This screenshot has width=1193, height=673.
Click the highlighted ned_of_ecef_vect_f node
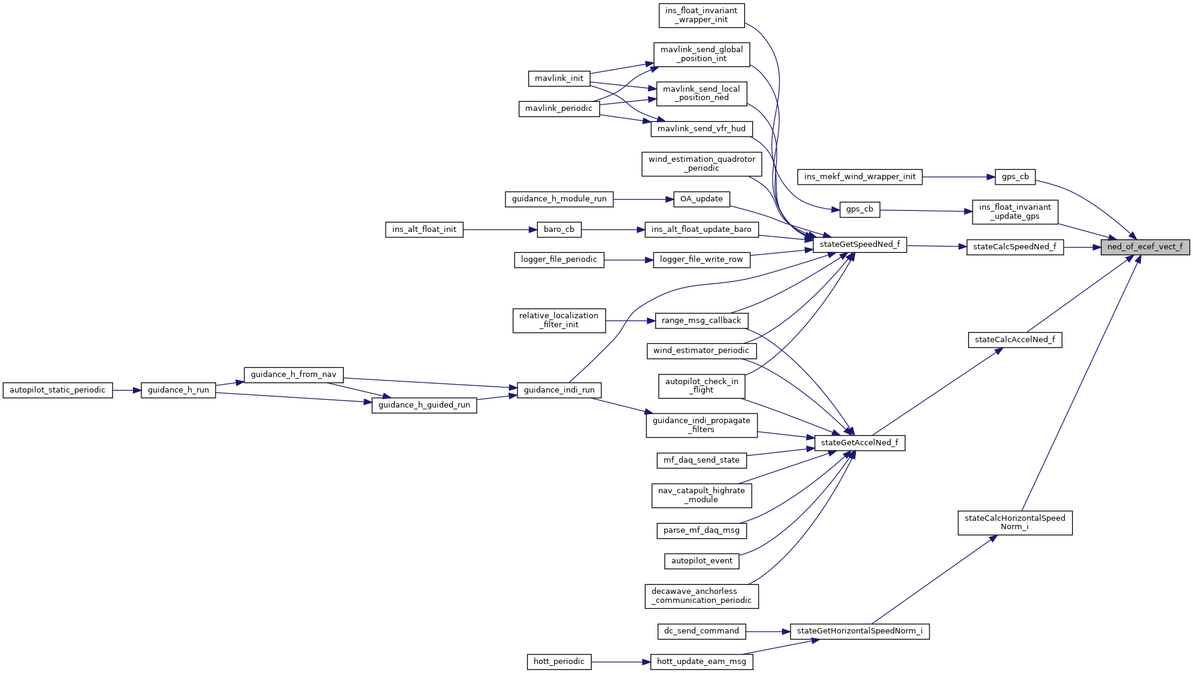tap(1144, 247)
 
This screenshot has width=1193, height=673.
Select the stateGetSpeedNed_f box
tap(859, 245)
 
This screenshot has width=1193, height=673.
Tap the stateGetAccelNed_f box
tap(859, 443)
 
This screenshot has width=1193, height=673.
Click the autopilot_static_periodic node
tap(57, 390)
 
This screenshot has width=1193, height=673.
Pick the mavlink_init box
tap(559, 79)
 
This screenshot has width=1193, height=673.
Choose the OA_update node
tap(701, 199)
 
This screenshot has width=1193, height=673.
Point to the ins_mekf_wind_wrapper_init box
tap(859, 177)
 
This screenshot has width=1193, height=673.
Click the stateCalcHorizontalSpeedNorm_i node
tap(1015, 523)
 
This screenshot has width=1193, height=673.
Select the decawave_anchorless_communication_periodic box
tap(701, 596)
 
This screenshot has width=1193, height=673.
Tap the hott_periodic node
tap(559, 662)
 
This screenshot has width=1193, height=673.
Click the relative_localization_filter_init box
tap(559, 320)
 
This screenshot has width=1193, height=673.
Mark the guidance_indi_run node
tap(559, 390)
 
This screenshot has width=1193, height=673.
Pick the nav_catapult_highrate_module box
tap(701, 495)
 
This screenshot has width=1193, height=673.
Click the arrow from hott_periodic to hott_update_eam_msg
tap(620, 662)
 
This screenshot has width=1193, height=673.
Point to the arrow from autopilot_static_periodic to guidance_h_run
tap(126, 390)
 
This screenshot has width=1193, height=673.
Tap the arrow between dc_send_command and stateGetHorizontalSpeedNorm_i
tap(768, 631)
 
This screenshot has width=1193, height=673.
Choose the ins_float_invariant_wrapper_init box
tap(701, 15)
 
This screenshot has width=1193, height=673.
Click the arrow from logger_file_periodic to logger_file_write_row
tap(628, 260)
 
